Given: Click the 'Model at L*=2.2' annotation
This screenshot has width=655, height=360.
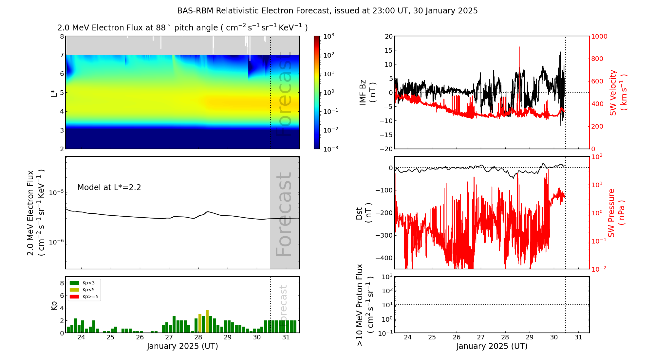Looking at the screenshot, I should pos(109,188).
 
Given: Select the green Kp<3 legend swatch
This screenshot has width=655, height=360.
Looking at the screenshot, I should pos(74,283).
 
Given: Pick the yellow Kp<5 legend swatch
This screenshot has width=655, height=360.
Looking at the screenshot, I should pos(74,290).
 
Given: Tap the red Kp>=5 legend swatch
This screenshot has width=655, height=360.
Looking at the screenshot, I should pos(74,297).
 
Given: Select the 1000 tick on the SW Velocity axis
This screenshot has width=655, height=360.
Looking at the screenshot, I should pos(599,36).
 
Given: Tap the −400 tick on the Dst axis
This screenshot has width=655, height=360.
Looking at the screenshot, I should pos(384,258).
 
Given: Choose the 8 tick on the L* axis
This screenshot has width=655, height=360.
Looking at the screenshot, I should pos(62,36).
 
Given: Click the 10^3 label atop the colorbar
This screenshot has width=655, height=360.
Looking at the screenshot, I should pos(328,36).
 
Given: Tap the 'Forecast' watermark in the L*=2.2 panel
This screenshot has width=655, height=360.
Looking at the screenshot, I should pos(284,214).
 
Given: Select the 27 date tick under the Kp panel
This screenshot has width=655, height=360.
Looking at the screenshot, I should pos(169,337).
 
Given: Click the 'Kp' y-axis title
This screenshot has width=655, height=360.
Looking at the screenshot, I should pos(54,305).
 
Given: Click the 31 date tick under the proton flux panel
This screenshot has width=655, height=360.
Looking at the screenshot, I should pos(578,337).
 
